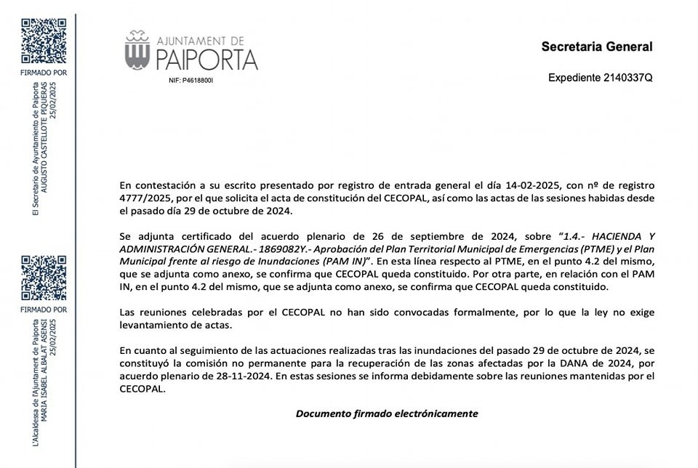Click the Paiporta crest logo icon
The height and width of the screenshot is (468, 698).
click(x=137, y=51)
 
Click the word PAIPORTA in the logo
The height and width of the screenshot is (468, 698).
click(x=207, y=59)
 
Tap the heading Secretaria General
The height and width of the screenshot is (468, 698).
click(x=597, y=47)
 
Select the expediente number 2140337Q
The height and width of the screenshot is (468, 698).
click(x=628, y=78)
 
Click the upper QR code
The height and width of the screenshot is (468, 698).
click(x=44, y=41)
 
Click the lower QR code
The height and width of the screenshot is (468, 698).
click(x=44, y=278)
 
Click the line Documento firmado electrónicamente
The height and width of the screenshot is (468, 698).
click(x=387, y=413)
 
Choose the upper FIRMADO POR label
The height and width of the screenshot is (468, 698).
click(x=44, y=73)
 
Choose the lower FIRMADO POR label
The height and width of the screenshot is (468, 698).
click(x=44, y=310)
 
